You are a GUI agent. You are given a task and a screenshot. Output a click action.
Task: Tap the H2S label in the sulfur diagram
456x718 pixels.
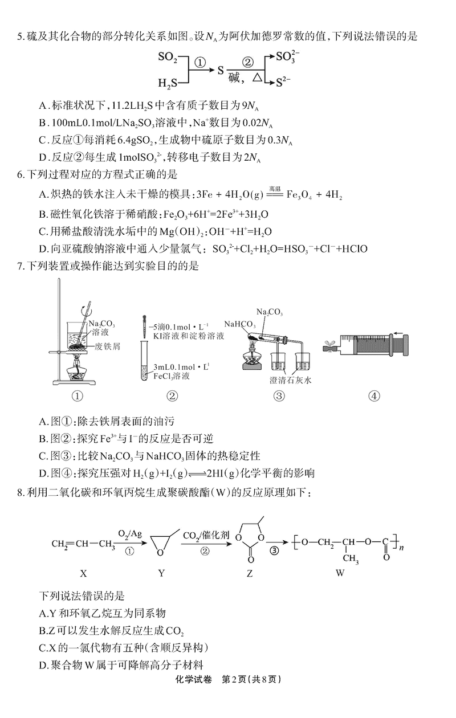click(x=168, y=84)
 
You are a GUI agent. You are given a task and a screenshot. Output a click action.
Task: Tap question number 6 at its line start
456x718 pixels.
click(x=21, y=175)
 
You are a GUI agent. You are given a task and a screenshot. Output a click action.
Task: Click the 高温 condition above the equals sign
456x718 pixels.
click(x=275, y=188)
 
